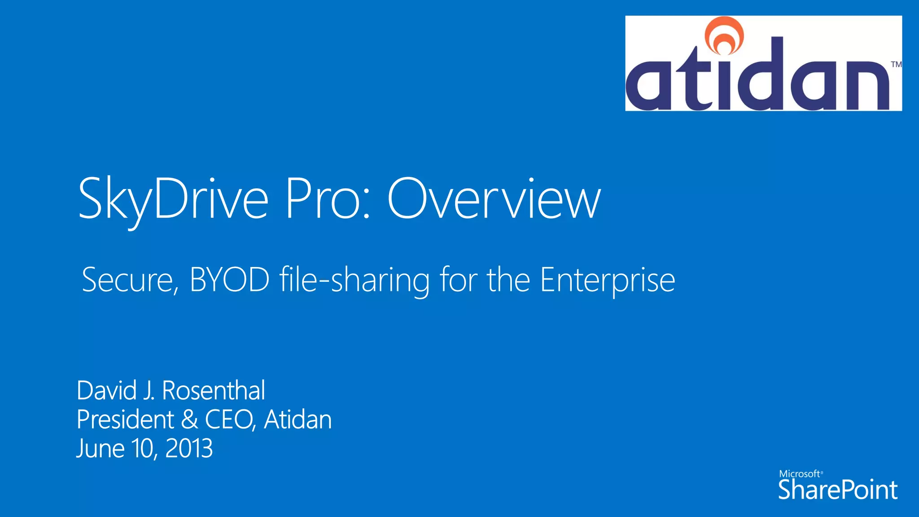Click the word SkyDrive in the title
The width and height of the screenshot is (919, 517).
[173, 199]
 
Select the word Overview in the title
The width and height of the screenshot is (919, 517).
[494, 199]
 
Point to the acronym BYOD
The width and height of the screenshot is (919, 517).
[229, 280]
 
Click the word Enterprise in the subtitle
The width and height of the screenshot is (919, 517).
[607, 280]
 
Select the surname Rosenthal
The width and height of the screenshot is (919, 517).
[214, 390]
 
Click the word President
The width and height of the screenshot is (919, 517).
[125, 420]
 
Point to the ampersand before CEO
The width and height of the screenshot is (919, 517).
[189, 420]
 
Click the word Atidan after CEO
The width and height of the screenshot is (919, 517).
[298, 420]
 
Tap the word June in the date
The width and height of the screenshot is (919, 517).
[100, 448]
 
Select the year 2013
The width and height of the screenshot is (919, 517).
[189, 448]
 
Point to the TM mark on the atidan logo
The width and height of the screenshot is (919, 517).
[896, 64]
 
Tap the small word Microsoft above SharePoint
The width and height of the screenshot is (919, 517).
[800, 474]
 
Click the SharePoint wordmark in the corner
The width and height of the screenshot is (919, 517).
[838, 490]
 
